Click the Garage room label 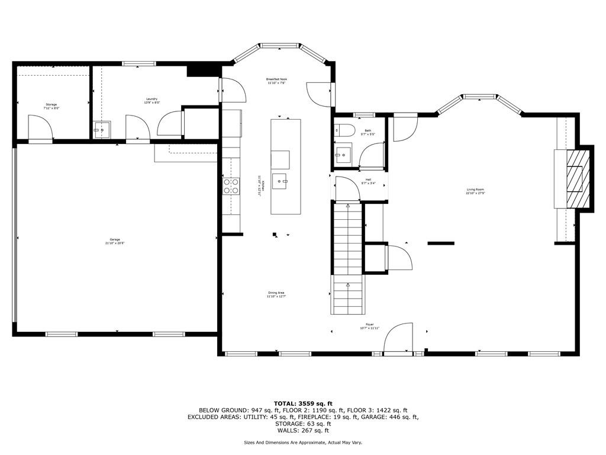(x=114, y=240)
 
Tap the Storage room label (x=51, y=105)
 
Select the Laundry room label (x=151, y=100)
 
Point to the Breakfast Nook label (x=276, y=80)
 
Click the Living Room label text (x=475, y=191)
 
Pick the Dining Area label (x=276, y=293)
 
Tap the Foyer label (x=370, y=326)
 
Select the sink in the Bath (x=341, y=157)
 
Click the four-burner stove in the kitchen (x=231, y=186)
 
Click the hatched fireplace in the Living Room (x=578, y=178)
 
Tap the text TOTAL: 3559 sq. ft (x=303, y=403)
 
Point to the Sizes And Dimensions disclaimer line (x=303, y=443)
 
